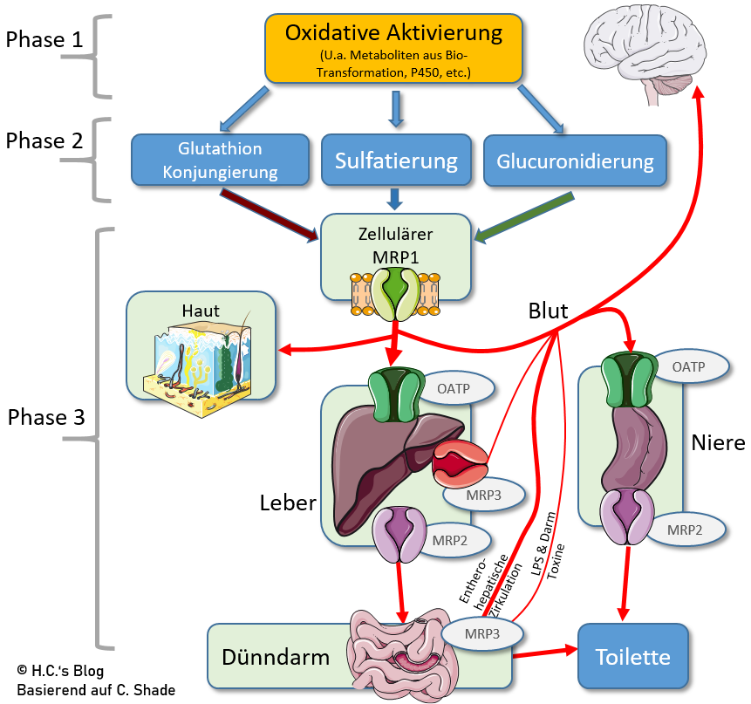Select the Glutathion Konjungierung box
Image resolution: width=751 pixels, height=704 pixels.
tap(221, 161)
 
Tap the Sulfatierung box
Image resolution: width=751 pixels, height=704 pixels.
tap(396, 161)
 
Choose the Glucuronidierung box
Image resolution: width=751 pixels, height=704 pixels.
tap(575, 161)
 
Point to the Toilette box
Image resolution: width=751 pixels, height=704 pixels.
tap(632, 655)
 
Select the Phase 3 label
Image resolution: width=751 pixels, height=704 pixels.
tap(45, 418)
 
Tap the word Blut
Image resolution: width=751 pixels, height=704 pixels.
tap(548, 311)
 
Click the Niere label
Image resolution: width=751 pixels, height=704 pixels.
tap(718, 442)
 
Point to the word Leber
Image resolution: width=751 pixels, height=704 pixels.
tap(287, 503)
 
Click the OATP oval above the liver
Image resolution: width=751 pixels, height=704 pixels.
tap(456, 386)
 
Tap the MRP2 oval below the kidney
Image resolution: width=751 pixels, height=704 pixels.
tap(686, 529)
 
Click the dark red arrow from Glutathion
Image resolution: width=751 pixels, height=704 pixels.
tap(270, 215)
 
